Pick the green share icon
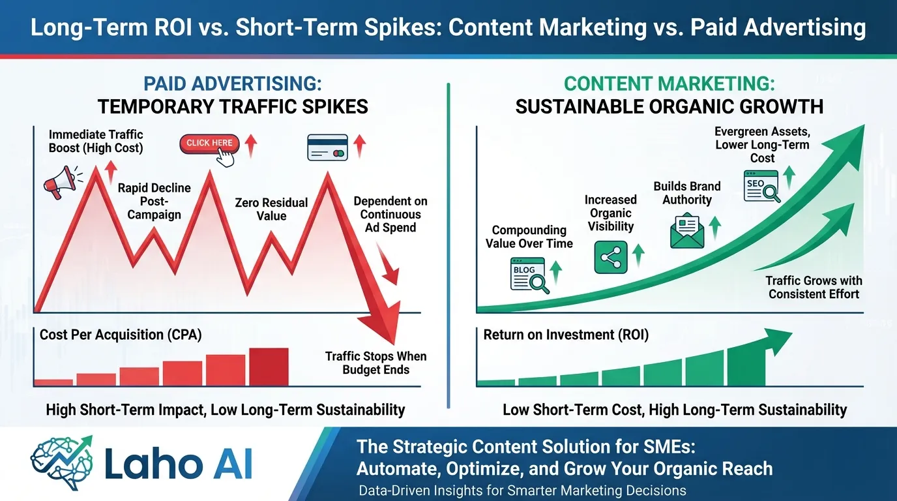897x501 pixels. (x=611, y=256)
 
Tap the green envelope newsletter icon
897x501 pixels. (x=687, y=231)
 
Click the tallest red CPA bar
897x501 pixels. (x=269, y=367)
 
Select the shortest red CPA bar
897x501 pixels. (x=53, y=382)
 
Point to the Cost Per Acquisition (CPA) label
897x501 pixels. (x=121, y=335)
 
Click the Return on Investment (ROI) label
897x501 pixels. (x=566, y=335)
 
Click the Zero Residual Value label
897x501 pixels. (x=271, y=209)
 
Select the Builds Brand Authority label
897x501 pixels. (x=687, y=193)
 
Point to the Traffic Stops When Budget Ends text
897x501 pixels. (x=376, y=363)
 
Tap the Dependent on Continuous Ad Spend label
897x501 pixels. (x=390, y=214)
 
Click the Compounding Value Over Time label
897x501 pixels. (x=529, y=237)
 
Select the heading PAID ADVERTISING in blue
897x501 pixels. (x=233, y=84)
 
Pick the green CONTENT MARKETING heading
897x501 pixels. (x=669, y=84)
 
